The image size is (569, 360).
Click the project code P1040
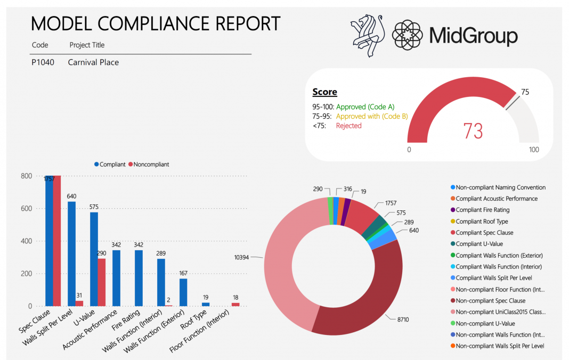point(43,62)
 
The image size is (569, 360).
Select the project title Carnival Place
point(93,62)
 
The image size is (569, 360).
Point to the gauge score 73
point(473,130)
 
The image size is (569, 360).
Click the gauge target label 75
point(525,92)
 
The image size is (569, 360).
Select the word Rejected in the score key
point(348,126)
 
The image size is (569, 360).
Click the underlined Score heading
point(324,92)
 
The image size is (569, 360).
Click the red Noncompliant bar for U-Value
point(102,282)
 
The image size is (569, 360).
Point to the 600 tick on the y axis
point(27,209)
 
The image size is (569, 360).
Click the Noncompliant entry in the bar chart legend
point(149,165)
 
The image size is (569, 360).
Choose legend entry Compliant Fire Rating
point(482,210)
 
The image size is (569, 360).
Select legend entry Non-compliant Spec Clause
point(490,301)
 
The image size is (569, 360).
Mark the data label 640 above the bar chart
point(72,196)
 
